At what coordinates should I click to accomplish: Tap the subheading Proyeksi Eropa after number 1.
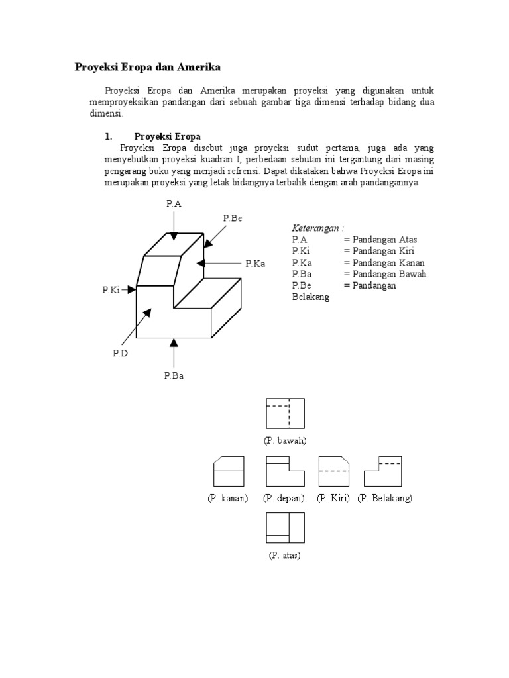[x=167, y=136]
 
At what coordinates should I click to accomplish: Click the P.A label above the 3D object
[x=174, y=205]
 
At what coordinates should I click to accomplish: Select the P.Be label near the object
[x=233, y=218]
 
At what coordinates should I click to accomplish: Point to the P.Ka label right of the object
[x=254, y=264]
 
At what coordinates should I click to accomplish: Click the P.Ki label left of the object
[x=111, y=289]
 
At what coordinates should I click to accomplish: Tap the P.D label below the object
[x=119, y=354]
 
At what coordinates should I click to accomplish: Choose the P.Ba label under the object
[x=174, y=375]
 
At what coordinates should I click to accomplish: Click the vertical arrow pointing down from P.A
[x=174, y=226]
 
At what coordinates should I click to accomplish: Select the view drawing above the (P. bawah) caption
[x=285, y=414]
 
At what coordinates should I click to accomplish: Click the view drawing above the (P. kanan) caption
[x=229, y=471]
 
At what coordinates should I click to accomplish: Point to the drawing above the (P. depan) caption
[x=285, y=471]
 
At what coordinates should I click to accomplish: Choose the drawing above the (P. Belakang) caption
[x=383, y=471]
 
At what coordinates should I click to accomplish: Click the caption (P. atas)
[x=285, y=556]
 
